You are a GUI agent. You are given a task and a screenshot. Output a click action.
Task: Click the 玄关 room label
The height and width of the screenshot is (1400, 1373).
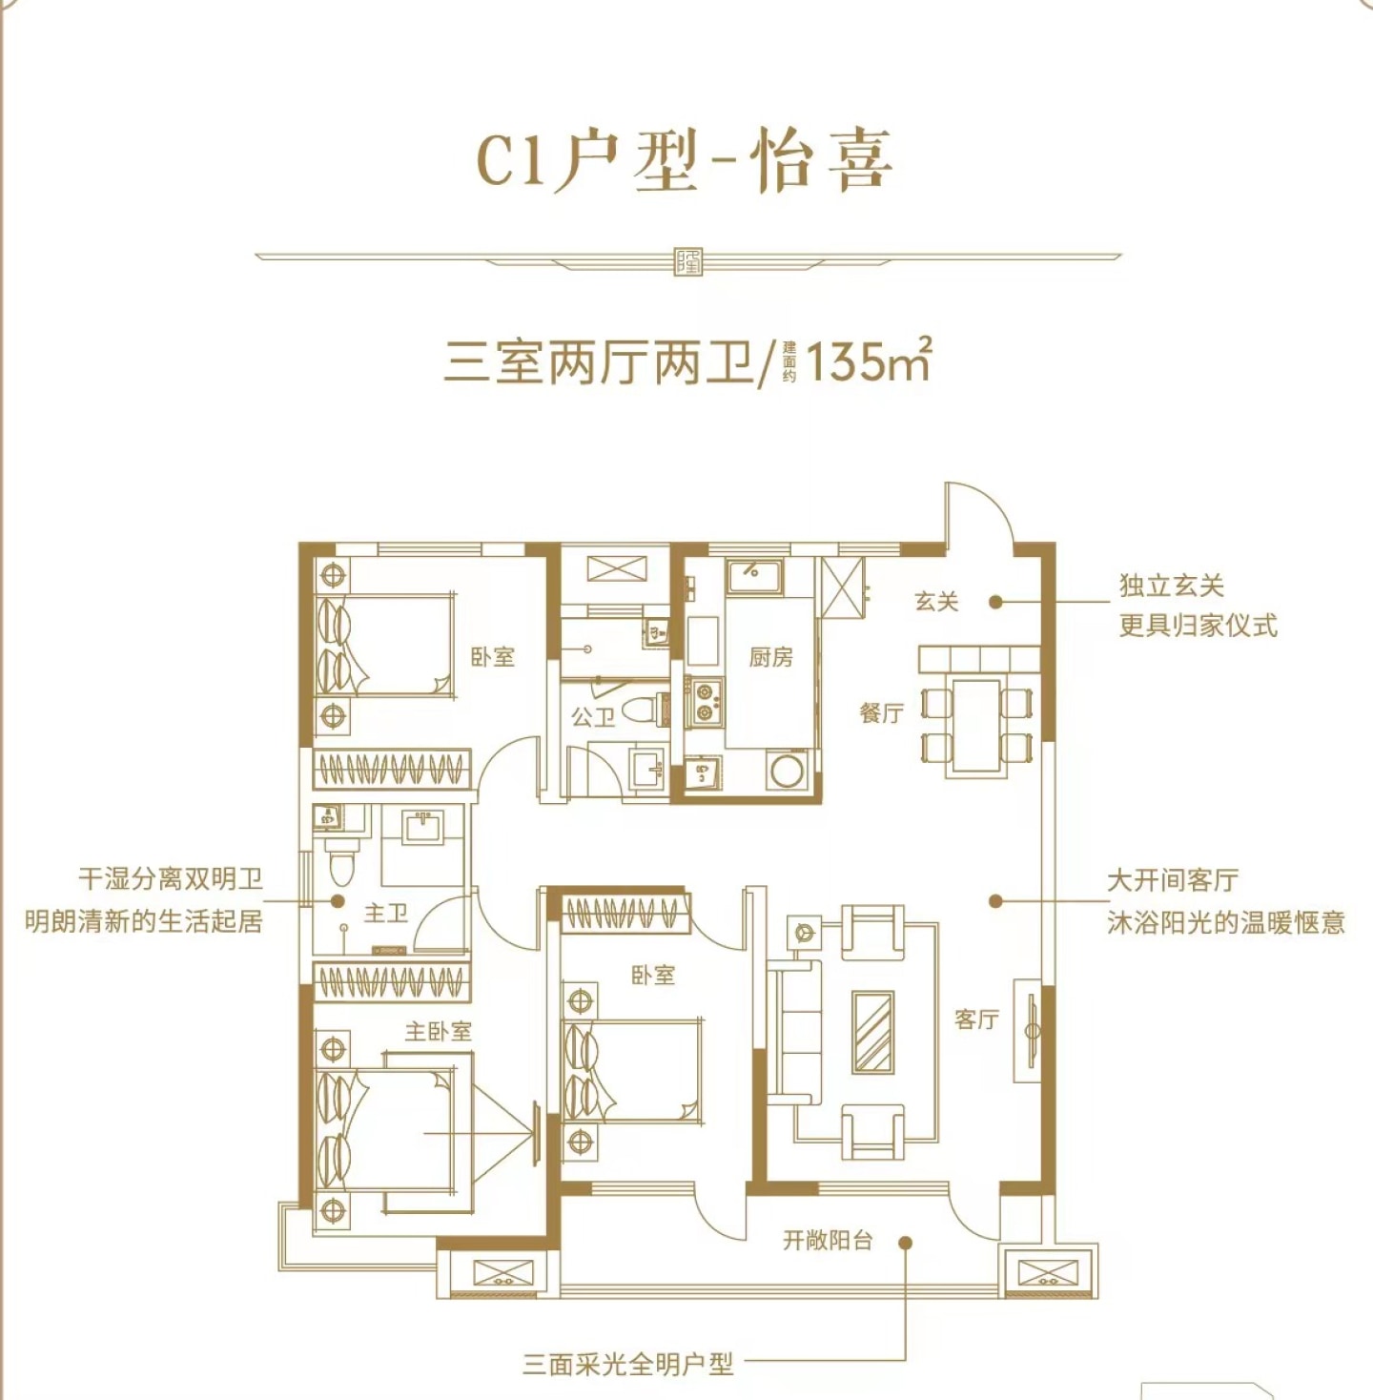936,603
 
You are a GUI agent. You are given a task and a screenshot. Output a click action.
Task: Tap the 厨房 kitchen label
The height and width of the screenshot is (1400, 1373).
770,658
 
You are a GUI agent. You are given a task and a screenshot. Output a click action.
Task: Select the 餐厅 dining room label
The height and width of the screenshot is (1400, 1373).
881,714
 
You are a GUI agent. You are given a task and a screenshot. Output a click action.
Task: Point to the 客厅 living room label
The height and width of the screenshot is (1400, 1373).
977,1020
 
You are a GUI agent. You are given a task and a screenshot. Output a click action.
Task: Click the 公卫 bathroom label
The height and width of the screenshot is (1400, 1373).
593,718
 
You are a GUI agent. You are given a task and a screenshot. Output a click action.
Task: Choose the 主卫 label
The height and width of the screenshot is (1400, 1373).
386,914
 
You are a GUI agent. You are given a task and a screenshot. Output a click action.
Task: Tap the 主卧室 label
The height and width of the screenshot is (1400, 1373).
438,1032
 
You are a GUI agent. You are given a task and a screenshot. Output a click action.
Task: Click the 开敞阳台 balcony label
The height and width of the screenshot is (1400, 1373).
828,1240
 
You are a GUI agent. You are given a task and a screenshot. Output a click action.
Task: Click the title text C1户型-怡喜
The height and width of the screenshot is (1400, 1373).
685,163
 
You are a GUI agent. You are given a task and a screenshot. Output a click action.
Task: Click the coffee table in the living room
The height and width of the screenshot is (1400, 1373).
872,1033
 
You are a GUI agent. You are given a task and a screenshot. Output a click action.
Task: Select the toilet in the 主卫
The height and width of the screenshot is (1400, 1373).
340,862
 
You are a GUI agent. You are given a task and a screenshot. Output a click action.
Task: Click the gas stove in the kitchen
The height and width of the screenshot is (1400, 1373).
704,702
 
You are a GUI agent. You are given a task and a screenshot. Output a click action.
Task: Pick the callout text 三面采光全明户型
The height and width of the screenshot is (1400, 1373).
627,1365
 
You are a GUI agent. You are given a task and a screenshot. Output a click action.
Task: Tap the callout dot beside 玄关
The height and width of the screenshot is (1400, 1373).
996,603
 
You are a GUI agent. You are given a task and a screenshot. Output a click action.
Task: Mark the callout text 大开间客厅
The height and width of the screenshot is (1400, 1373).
1173,880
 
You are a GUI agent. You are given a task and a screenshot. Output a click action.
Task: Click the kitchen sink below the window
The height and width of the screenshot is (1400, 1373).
754,578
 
